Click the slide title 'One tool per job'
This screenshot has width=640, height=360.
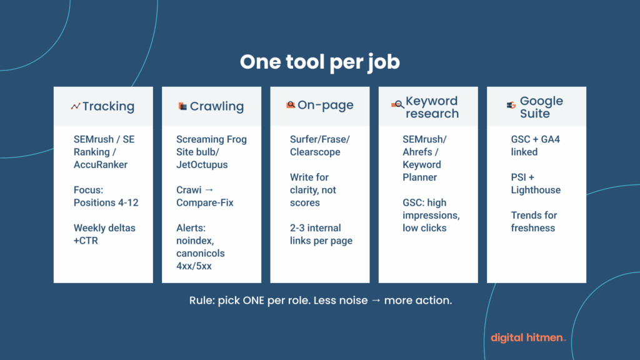pyautogui.click(x=320, y=62)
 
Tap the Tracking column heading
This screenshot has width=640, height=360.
pyautogui.click(x=108, y=106)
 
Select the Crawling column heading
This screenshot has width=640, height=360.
pyautogui.click(x=216, y=106)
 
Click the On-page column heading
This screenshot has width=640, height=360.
pyautogui.click(x=325, y=106)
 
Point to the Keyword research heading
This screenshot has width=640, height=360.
pyautogui.click(x=432, y=107)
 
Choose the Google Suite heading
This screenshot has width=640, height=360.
pyautogui.click(x=541, y=107)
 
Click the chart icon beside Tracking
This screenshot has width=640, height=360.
pyautogui.click(x=76, y=106)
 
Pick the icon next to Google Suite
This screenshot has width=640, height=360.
pyautogui.click(x=511, y=105)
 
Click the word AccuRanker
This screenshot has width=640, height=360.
pyautogui.click(x=100, y=164)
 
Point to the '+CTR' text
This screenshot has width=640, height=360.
pyautogui.click(x=87, y=241)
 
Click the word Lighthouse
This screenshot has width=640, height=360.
pyautogui.click(x=536, y=190)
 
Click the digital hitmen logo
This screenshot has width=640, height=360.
pyautogui.click(x=528, y=337)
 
